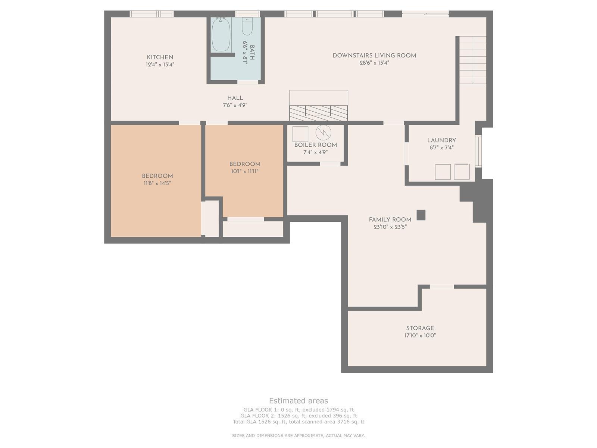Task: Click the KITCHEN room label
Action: [x=160, y=57]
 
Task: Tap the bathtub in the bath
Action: [x=221, y=35]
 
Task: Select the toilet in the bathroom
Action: [x=247, y=27]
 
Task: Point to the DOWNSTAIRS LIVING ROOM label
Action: [x=374, y=56]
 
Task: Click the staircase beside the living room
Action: [x=473, y=60]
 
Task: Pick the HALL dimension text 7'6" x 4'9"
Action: [x=235, y=105]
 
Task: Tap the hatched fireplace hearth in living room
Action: [x=319, y=113]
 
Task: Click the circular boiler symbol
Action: [x=323, y=133]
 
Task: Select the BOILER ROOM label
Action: [x=316, y=145]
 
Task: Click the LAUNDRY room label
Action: [x=441, y=140]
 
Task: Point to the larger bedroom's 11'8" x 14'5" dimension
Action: [x=157, y=183]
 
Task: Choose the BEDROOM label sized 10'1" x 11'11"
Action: [x=245, y=164]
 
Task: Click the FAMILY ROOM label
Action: [x=390, y=220]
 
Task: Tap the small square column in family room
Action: [x=421, y=215]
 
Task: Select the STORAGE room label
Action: [x=420, y=328]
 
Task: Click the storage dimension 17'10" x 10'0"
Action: [x=420, y=335]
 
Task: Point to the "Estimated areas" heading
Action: [x=298, y=401]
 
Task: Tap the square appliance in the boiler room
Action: [x=300, y=134]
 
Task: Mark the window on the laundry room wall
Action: [x=478, y=151]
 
